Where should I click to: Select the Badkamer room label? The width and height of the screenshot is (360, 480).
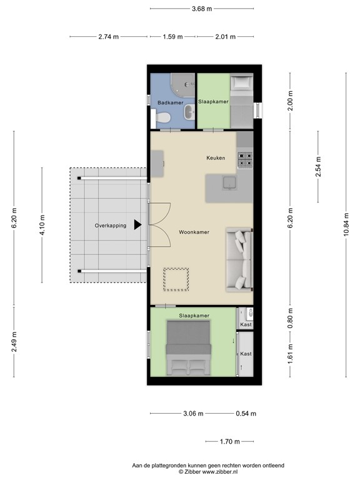pos(169,102)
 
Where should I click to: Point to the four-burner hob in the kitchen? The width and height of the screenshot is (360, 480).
pos(244,160)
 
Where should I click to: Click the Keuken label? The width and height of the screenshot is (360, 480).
pos(216,158)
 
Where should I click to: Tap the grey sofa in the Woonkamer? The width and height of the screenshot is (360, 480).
pos(239,260)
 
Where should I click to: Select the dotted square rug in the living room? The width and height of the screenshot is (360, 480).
pos(176,279)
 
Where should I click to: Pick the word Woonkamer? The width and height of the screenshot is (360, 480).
pos(193,232)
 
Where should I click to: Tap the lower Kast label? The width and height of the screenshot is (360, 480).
pos(246,354)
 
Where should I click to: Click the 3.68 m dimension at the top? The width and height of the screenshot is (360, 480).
pos(201,8)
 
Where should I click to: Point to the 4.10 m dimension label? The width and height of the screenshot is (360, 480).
pos(42,225)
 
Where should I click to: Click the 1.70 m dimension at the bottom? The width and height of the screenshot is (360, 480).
pos(231,442)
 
